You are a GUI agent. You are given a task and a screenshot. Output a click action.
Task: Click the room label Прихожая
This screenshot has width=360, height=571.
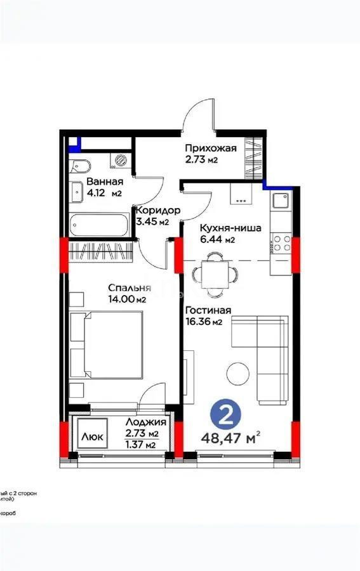point(211,148)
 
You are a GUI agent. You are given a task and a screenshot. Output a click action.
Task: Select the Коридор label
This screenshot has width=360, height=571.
point(157,211)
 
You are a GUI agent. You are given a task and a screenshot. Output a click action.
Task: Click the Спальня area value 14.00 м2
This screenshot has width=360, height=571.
point(126,299)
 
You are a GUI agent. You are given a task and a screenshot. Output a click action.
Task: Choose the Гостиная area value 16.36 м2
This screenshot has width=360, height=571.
point(204,322)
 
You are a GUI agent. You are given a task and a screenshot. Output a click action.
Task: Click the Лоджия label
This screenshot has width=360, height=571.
point(145,422)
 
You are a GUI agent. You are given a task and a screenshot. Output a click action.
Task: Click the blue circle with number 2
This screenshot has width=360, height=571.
point(224,415)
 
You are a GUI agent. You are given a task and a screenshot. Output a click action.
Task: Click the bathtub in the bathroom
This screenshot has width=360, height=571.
point(98,225)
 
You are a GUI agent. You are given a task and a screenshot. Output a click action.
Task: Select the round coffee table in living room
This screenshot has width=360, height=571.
point(239,372)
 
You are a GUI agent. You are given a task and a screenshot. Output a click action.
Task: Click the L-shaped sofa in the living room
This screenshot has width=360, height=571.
point(267,355)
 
